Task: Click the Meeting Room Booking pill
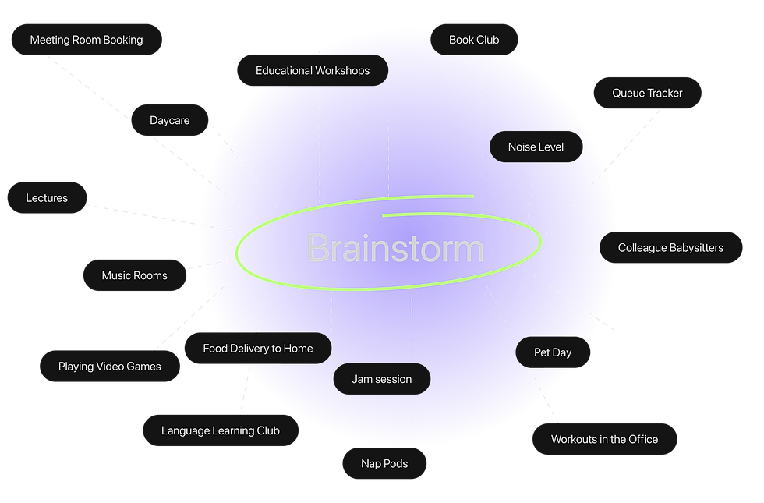coord(87,40)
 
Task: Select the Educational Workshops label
coord(313,70)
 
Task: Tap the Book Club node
coord(474,40)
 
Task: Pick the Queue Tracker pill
coord(647,93)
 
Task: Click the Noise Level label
coord(536,147)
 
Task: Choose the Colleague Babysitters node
coord(670,248)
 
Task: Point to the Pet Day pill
coord(553,352)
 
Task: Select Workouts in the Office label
coord(604,439)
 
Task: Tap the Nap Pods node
coord(384,463)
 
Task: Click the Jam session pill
coord(381,379)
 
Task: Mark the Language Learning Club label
coord(220,430)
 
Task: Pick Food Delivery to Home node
coord(257,349)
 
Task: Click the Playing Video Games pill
coord(110,367)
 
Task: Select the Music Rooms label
coord(134,275)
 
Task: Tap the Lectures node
coord(47,198)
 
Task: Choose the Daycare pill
coord(170,121)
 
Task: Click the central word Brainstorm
coord(395,249)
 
